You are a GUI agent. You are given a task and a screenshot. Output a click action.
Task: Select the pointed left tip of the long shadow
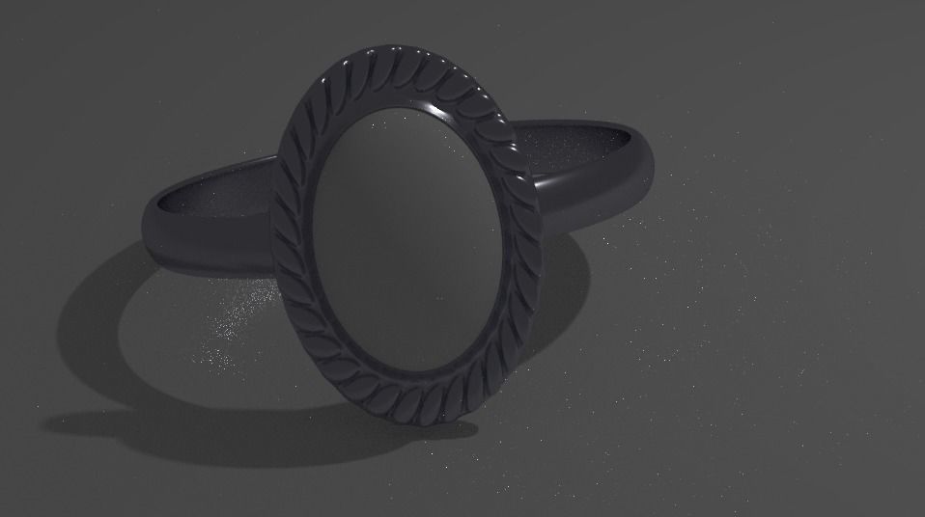[48, 422]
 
